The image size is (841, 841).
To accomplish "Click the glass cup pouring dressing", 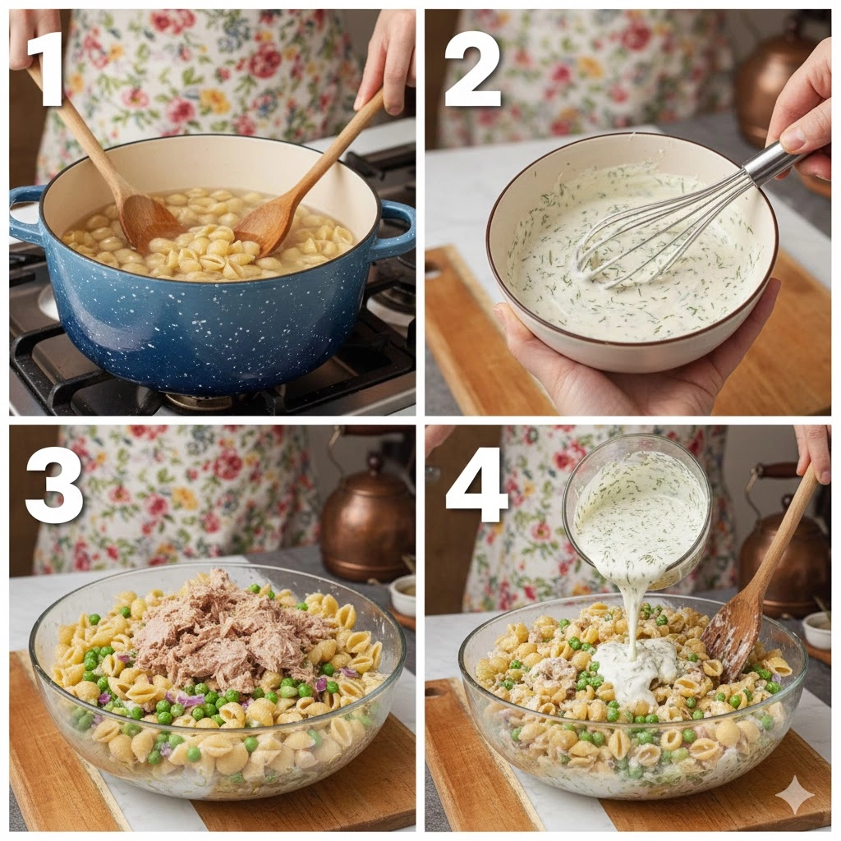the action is (636, 512).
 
